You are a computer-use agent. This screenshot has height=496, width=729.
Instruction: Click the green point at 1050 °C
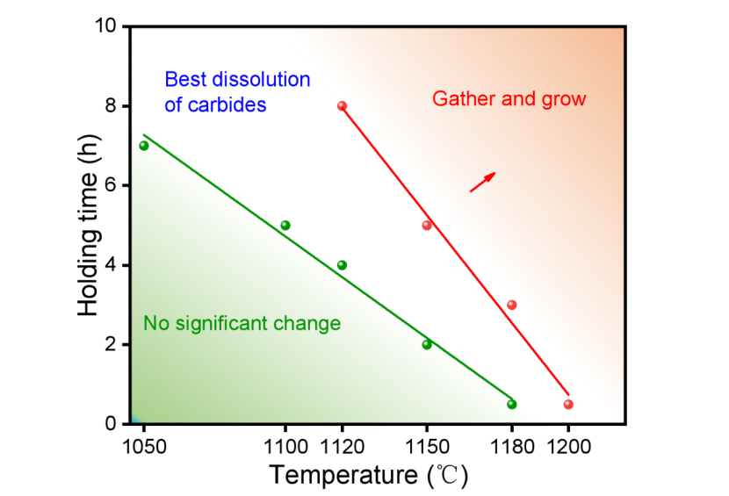pyautogui.click(x=144, y=146)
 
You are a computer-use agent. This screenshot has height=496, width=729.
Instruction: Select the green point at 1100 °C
pyautogui.click(x=285, y=226)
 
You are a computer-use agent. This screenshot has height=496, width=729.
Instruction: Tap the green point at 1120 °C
pyautogui.click(x=342, y=265)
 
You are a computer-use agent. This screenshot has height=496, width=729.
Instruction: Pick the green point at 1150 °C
pyautogui.click(x=427, y=344)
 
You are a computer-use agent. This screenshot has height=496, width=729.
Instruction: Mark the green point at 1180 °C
pyautogui.click(x=512, y=404)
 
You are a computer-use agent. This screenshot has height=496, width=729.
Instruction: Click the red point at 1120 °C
pyautogui.click(x=342, y=106)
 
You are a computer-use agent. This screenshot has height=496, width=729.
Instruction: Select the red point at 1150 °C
pyautogui.click(x=427, y=226)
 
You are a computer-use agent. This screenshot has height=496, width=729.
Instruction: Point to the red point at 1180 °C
pyautogui.click(x=512, y=305)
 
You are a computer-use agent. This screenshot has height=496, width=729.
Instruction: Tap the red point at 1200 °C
pyautogui.click(x=568, y=404)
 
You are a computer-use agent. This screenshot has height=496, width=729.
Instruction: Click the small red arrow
pyautogui.click(x=482, y=182)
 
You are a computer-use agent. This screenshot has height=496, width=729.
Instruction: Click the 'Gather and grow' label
pyautogui.click(x=509, y=98)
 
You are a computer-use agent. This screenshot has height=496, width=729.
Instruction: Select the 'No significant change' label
pyautogui.click(x=242, y=323)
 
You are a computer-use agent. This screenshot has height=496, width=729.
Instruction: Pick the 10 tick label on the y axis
pyautogui.click(x=108, y=26)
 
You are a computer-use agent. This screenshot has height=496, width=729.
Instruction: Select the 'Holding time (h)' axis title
pyautogui.click(x=88, y=225)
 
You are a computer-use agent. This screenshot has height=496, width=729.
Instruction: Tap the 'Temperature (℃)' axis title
pyautogui.click(x=368, y=476)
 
